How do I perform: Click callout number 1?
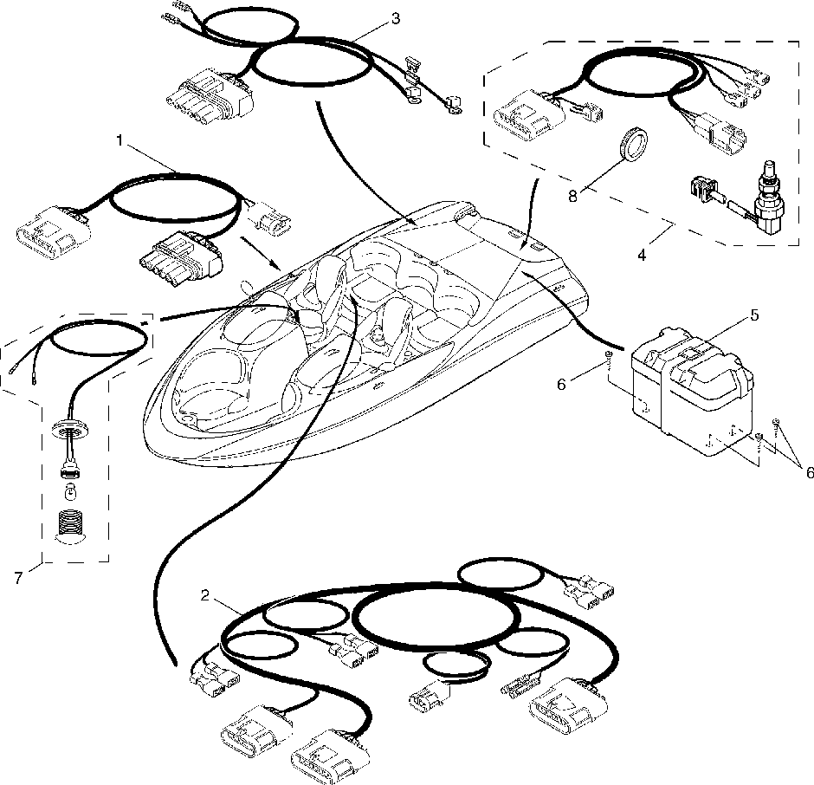coord(121,139)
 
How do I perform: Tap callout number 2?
coord(204,595)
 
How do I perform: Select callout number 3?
coord(395,19)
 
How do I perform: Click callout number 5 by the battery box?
coord(754,315)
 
